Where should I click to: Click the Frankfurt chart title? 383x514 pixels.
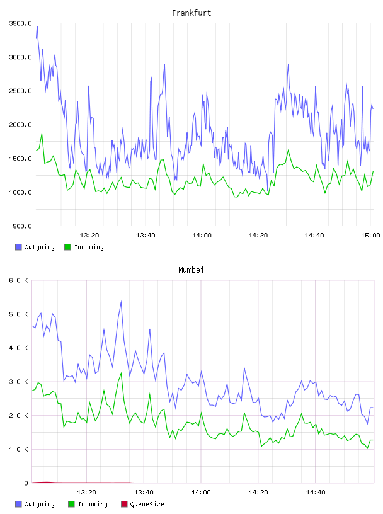click(191, 13)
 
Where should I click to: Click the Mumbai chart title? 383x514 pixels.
click(191, 270)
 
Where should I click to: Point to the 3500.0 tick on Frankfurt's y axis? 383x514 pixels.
click(20, 23)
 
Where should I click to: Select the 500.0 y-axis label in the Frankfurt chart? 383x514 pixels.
click(22, 226)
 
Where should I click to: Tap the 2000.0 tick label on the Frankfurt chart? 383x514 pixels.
click(20, 125)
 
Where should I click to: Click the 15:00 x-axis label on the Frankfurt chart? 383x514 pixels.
click(370, 235)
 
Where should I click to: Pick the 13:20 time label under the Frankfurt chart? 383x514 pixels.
click(89, 235)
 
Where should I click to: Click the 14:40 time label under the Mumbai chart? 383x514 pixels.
click(316, 492)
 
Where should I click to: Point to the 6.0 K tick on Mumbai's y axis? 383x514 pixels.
click(18, 280)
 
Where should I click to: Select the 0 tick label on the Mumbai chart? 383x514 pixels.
click(26, 483)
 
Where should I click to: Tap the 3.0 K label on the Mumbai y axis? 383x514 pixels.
click(18, 382)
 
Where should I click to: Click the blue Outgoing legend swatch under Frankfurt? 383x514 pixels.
click(18, 247)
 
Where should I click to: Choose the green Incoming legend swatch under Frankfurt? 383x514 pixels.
click(67, 247)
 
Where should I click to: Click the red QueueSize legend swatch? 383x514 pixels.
click(124, 504)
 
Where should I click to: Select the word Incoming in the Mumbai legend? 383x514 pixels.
click(93, 504)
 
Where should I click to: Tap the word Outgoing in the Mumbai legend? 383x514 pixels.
click(39, 504)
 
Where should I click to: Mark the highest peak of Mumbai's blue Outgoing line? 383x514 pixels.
click(121, 302)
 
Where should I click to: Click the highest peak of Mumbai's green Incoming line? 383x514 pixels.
click(121, 373)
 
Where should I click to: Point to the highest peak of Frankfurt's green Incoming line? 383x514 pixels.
click(42, 132)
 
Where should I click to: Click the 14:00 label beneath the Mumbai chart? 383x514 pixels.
click(201, 492)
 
